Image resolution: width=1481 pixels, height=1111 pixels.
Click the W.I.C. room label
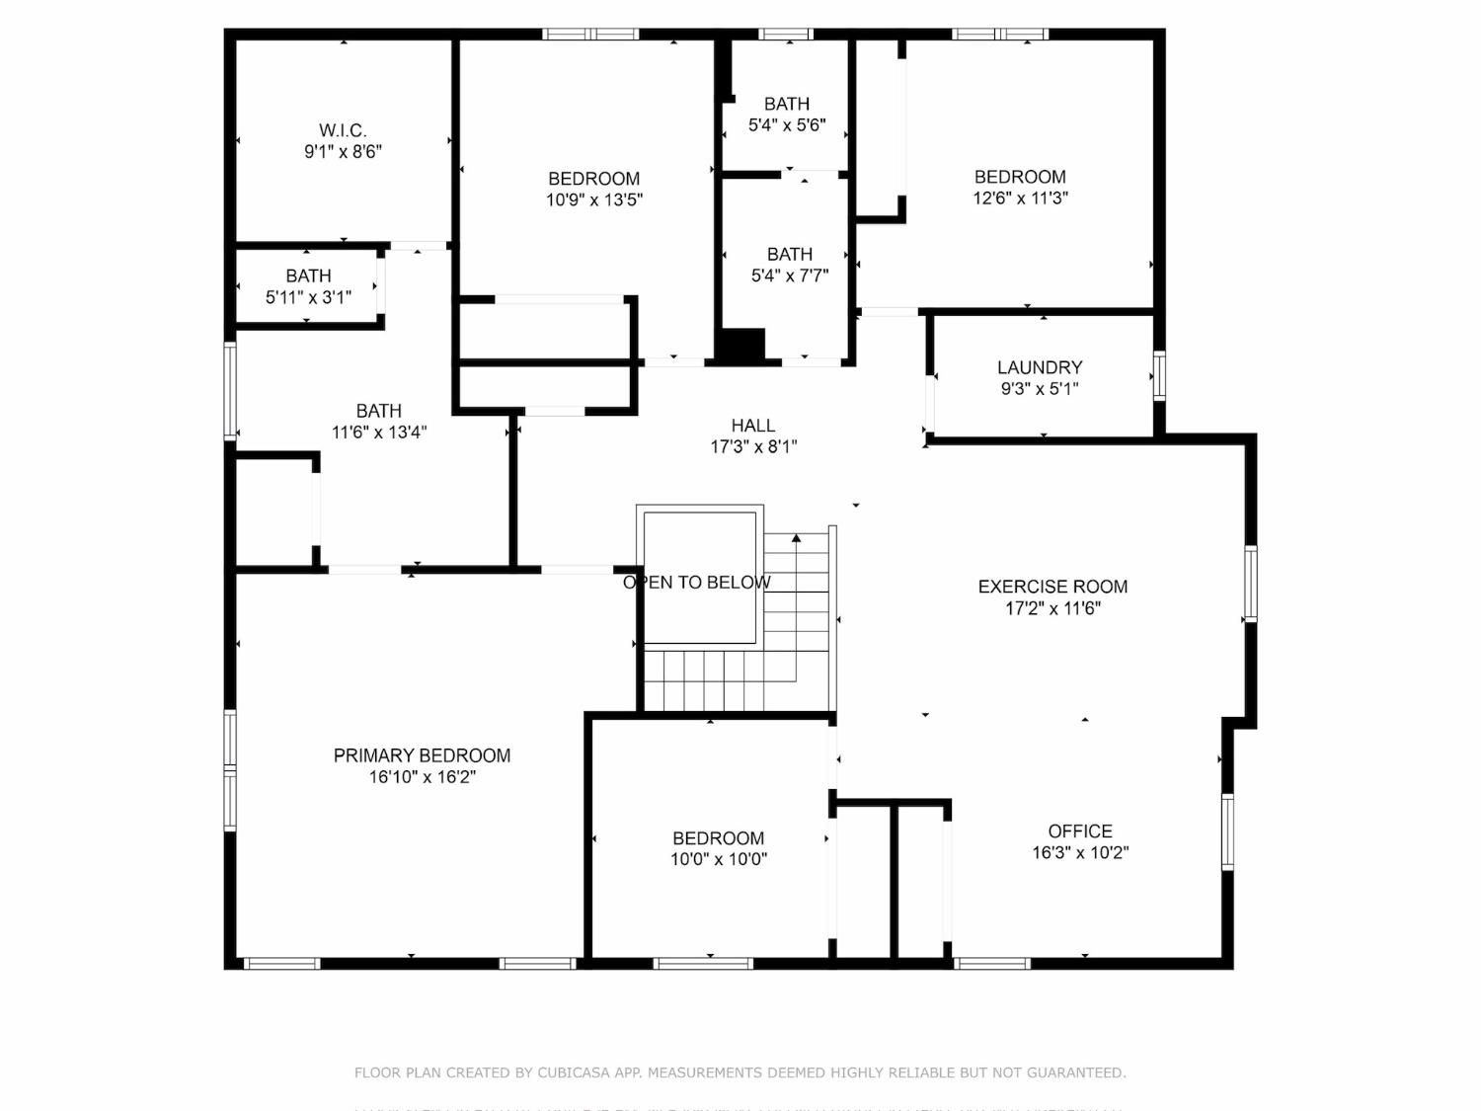[x=343, y=130]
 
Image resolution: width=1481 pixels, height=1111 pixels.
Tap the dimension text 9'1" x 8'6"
[x=343, y=152]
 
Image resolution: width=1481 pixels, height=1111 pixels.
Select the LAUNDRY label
[x=1040, y=367]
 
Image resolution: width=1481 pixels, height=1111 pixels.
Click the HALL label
[x=753, y=426]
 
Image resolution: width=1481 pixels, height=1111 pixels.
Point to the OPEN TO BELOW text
[x=697, y=583]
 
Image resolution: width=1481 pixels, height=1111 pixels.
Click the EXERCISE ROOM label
[x=1052, y=587]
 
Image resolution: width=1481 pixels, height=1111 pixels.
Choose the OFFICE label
[x=1080, y=832]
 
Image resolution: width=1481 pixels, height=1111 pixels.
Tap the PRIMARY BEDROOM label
[x=422, y=755]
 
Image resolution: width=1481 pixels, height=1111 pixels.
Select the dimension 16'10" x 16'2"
[x=423, y=777]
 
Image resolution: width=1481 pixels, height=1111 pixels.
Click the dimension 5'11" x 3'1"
[x=308, y=297]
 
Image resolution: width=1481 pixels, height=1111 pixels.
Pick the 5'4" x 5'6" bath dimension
[x=787, y=125]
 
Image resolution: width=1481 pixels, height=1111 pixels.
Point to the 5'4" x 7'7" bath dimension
[x=790, y=277]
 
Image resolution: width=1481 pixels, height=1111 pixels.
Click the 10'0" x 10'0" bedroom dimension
[x=719, y=859]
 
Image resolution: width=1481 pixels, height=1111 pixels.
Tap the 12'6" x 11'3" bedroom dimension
[x=1020, y=198]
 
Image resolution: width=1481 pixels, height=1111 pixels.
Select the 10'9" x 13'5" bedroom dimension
[x=594, y=200]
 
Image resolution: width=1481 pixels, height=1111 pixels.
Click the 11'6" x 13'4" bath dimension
[x=379, y=433]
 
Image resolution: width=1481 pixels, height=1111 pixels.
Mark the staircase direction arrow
[x=797, y=539]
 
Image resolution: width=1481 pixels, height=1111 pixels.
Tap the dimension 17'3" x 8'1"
[x=753, y=447]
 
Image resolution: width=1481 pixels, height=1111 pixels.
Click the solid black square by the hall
[x=741, y=346]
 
